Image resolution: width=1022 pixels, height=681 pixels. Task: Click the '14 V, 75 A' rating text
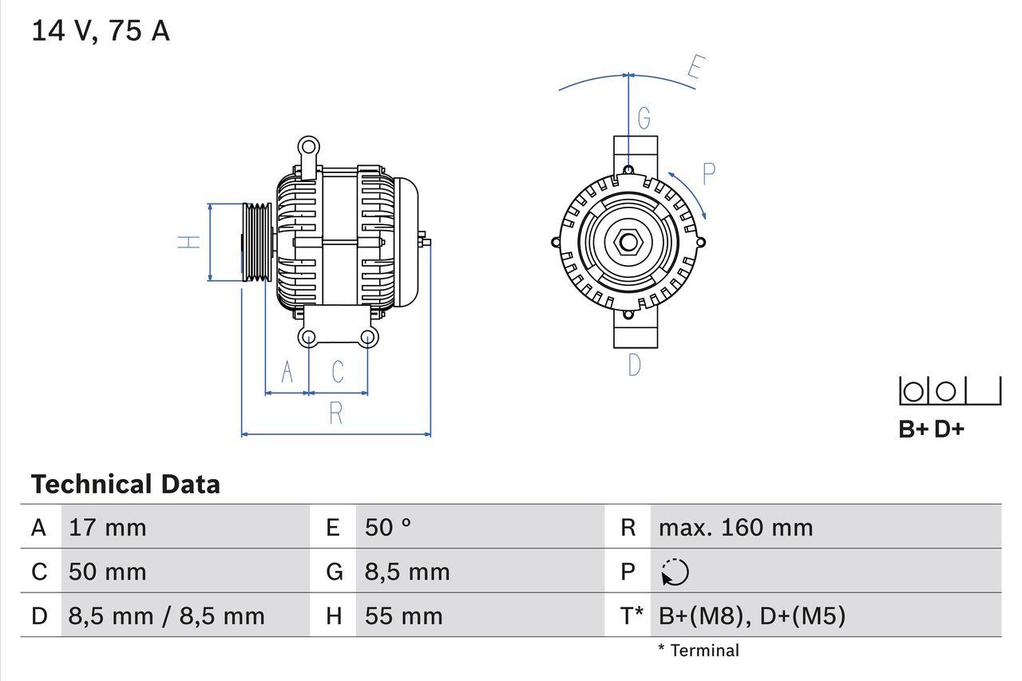coord(100,31)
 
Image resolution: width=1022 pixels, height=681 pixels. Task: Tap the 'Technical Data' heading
coord(125,484)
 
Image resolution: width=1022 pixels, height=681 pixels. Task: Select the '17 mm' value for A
coord(108,527)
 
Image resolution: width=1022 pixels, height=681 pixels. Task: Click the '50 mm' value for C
coord(108,572)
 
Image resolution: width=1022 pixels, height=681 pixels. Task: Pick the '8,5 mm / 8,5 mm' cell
coord(166,616)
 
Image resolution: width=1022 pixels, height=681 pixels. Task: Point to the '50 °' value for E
coord(388,527)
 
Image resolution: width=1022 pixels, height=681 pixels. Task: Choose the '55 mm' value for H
coord(403,616)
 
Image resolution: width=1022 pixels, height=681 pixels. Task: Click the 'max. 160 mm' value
coord(735,527)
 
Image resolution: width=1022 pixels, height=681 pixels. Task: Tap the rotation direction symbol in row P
coord(675,572)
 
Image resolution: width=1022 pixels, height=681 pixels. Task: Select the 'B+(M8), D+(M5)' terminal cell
coord(751,616)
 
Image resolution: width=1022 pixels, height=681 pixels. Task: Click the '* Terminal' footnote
coord(699,651)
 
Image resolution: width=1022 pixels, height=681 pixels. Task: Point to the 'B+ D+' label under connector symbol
coord(931,429)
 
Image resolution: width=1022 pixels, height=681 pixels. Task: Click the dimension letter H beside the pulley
coord(188,242)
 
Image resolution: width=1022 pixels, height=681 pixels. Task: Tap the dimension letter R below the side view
coord(336,413)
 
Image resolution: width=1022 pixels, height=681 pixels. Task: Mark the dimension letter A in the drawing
coord(287,372)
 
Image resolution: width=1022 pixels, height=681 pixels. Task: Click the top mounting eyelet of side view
coord(308,147)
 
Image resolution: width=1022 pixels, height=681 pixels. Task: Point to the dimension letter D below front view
coord(634,365)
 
